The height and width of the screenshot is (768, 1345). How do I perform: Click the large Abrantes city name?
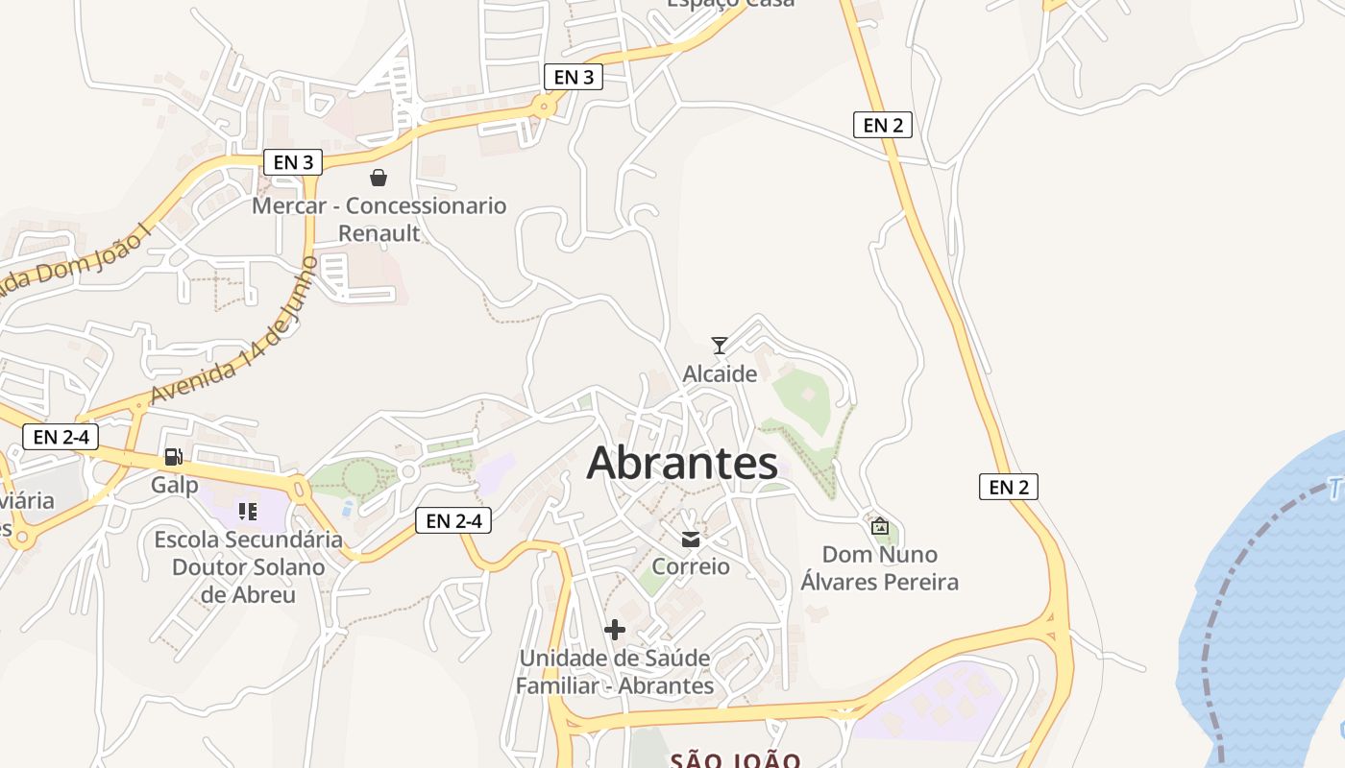[x=682, y=463]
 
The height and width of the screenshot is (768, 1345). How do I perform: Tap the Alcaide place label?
[x=720, y=373]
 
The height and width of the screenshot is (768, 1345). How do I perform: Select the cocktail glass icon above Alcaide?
[x=719, y=346]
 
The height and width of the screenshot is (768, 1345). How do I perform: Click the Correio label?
[x=690, y=566]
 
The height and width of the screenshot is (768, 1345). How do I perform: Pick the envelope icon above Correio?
[x=690, y=540]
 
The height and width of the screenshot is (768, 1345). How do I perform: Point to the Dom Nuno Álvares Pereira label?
[x=879, y=568]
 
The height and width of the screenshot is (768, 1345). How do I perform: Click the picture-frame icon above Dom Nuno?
[x=879, y=526]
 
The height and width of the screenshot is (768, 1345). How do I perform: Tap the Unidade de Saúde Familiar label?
[x=615, y=672]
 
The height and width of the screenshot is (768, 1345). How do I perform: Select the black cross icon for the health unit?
[x=615, y=630]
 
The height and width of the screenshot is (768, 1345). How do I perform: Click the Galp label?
[x=174, y=485]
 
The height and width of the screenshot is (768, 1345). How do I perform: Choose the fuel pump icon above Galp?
[x=173, y=457]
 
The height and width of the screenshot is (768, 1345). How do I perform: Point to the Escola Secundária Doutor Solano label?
[x=248, y=566]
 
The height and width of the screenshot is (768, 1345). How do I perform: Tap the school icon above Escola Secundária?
[x=248, y=512]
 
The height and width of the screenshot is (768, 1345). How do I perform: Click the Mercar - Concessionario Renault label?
[x=379, y=219]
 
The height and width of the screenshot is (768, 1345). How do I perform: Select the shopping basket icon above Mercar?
[x=379, y=178]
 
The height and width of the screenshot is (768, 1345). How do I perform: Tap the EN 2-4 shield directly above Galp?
[x=61, y=437]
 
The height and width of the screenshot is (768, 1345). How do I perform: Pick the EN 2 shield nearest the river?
[x=1008, y=487]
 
